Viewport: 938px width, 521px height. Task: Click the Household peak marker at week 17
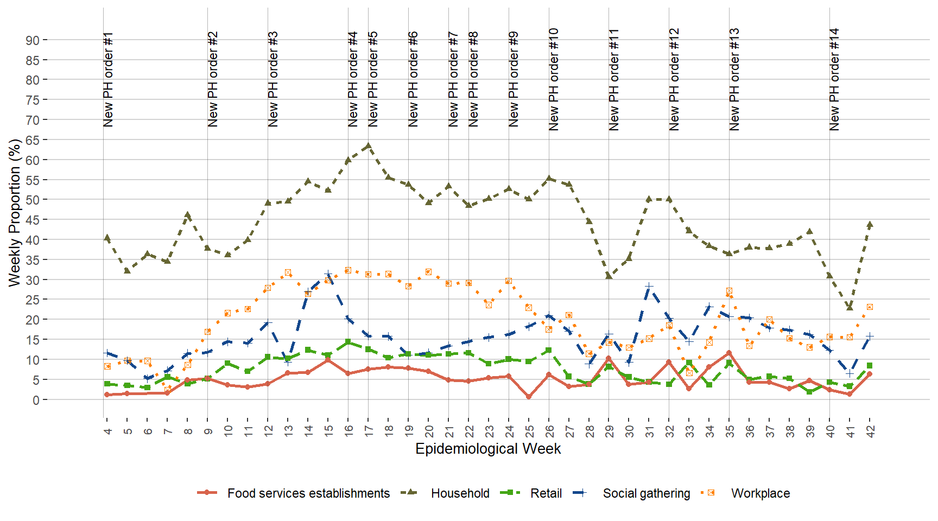pos(368,146)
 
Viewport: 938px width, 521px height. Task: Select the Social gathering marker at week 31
pos(649,286)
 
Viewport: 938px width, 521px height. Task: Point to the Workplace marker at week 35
pos(729,291)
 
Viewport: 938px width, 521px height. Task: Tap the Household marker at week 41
pos(850,308)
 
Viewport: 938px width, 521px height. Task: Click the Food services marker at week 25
pos(529,397)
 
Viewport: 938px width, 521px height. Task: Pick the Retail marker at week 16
pos(348,342)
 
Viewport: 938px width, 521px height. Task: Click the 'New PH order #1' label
pos(109,79)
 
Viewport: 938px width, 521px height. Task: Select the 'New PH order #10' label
pos(554,79)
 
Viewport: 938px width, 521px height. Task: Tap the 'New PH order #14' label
pos(834,79)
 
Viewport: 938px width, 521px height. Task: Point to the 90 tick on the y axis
pos(33,40)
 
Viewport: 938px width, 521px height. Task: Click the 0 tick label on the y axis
pos(36,400)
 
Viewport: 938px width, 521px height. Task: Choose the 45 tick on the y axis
pos(33,220)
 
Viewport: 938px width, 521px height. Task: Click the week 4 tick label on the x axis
pos(107,431)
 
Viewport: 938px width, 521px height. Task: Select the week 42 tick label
pos(870,431)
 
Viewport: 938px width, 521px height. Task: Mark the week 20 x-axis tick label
pos(429,431)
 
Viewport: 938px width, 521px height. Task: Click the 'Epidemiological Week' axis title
pos(488,449)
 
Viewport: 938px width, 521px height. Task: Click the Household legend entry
pos(460,493)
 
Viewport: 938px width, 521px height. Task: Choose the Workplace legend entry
pos(760,493)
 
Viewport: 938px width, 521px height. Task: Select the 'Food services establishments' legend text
pos(308,493)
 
